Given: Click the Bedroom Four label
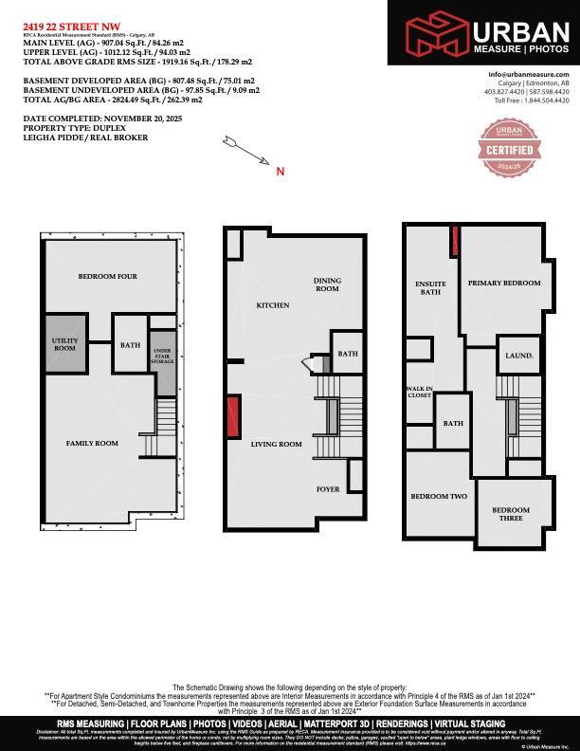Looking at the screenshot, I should tap(111, 276).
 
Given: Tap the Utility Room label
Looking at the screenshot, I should tap(63, 344).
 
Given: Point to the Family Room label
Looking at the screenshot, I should tap(91, 443).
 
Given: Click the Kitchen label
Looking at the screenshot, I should tap(273, 305).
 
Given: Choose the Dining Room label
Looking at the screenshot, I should tap(327, 284).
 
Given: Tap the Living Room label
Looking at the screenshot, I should tap(276, 444).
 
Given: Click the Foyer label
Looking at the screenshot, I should tap(328, 489).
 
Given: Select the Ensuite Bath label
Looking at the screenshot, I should tap(430, 288).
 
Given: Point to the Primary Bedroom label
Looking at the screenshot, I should tap(504, 283).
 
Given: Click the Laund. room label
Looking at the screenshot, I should tap(520, 357).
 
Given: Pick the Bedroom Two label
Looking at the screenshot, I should tap(439, 496).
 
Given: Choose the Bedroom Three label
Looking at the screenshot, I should tap(511, 514).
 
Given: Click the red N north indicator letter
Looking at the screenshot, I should tap(280, 172).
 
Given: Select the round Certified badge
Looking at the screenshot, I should tap(517, 148).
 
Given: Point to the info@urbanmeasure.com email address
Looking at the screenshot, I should tap(529, 74).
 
